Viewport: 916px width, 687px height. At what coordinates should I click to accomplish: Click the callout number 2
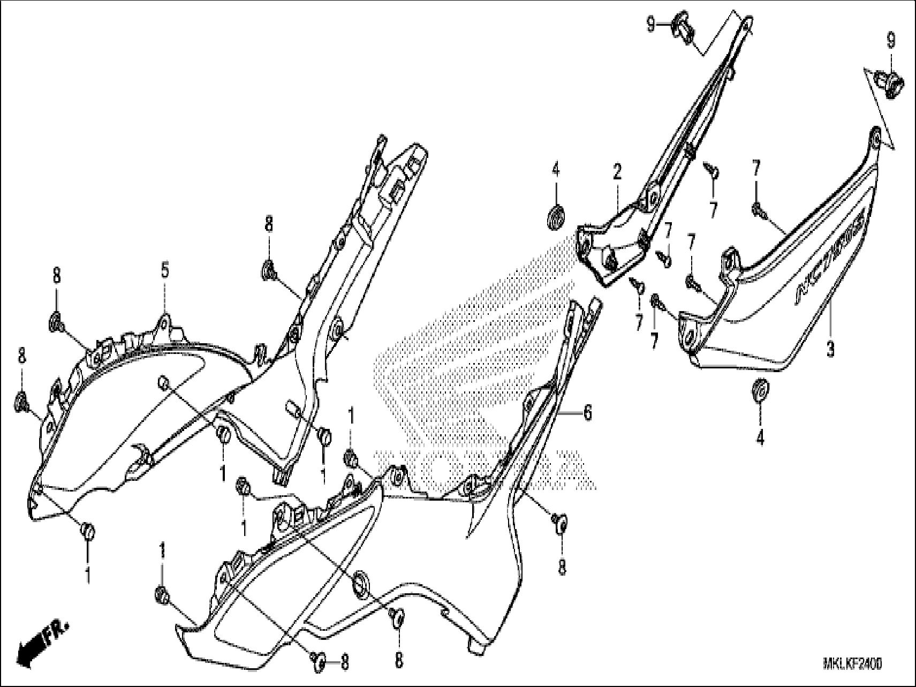click(617, 172)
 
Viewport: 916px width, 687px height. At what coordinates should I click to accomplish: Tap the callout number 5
click(165, 270)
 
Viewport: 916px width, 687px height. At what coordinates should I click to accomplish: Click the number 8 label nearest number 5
click(56, 276)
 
